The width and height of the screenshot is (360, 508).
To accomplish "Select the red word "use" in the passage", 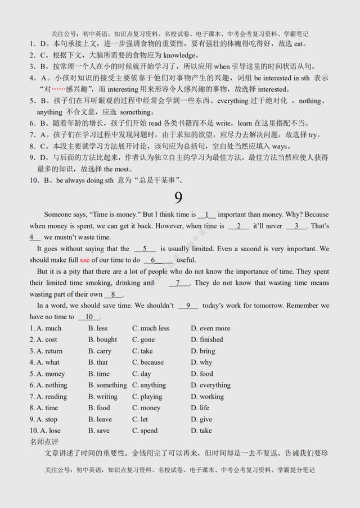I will coord(85,260).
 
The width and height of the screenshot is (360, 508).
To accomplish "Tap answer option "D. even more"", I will coord(210,328).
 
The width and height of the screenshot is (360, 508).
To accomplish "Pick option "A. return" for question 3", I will coord(46,351).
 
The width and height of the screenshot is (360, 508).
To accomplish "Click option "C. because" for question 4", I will coord(148,362).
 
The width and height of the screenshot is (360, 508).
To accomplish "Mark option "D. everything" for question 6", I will coord(211,385).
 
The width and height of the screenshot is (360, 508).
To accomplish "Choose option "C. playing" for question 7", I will coord(147,397).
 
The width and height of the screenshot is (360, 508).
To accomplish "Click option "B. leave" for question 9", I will coord(100,419).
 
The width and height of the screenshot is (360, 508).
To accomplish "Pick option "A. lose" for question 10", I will coord(45,431).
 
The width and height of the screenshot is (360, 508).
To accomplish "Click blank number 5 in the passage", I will coord(145,248).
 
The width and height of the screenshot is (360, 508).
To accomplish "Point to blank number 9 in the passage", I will coord(188,306).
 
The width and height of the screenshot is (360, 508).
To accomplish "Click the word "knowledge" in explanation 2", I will coord(178,55).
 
